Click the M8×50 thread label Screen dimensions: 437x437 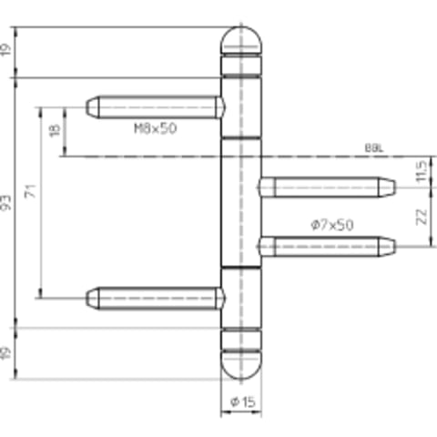click(x=156, y=128)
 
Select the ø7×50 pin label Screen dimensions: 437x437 click(x=332, y=225)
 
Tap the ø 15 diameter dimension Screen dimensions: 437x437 click(x=243, y=402)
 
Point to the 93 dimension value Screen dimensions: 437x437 click(x=6, y=203)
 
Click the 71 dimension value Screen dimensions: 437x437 click(x=31, y=191)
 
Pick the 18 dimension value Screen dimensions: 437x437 click(x=55, y=130)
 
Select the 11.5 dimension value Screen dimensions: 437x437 click(x=422, y=171)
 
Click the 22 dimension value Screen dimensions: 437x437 click(x=422, y=217)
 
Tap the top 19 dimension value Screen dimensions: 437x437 click(x=6, y=49)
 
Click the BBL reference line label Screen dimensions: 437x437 click(x=374, y=148)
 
